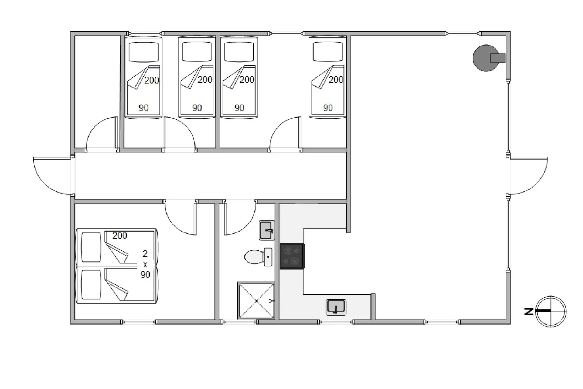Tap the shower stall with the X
click(x=257, y=301)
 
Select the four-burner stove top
click(x=292, y=256)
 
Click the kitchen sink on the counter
click(x=336, y=307)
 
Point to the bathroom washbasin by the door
click(x=267, y=230)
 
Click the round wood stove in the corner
click(x=486, y=58)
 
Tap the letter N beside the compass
click(x=529, y=312)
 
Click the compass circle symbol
click(x=551, y=312)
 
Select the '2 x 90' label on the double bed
click(x=145, y=264)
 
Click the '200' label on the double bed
click(x=120, y=236)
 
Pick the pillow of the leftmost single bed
click(x=144, y=52)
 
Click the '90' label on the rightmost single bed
click(x=328, y=108)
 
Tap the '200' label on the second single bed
click(x=205, y=80)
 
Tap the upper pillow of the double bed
click(x=91, y=247)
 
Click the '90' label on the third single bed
click(x=239, y=108)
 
